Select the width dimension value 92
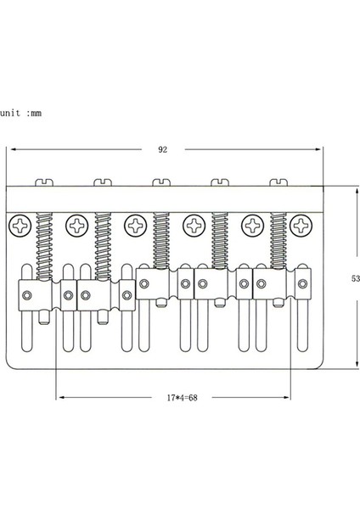(162, 149)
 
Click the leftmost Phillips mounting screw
(19, 226)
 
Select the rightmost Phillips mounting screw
(300, 226)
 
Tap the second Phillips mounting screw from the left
(76, 226)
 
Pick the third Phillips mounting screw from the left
(134, 226)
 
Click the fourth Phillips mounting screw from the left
(193, 226)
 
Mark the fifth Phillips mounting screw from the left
(252, 226)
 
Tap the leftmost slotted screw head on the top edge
(45, 182)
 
